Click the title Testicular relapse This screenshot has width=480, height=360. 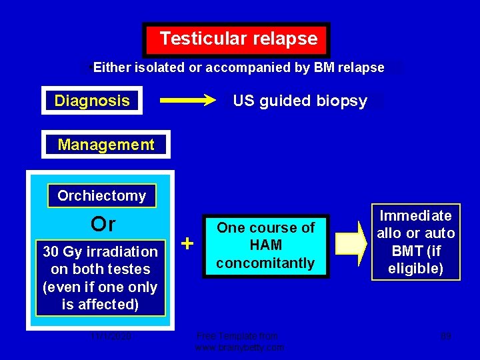pyautogui.click(x=237, y=39)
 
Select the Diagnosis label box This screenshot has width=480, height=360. pyautogui.click(x=92, y=101)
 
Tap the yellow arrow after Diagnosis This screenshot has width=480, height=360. pyautogui.click(x=189, y=101)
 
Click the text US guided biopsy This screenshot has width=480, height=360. pyautogui.click(x=300, y=101)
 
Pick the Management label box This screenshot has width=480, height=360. pyautogui.click(x=106, y=145)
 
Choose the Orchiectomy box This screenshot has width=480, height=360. pyautogui.click(x=101, y=196)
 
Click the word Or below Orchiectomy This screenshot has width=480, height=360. pyautogui.click(x=103, y=224)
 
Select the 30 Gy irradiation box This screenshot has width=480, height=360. pyautogui.click(x=100, y=278)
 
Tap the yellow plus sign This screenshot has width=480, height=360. pyautogui.click(x=188, y=244)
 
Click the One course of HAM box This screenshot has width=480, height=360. pyautogui.click(x=266, y=245)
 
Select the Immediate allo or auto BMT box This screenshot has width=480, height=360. pyautogui.click(x=416, y=242)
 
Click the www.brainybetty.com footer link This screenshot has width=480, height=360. pyautogui.click(x=239, y=347)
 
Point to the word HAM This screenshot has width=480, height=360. pyautogui.click(x=266, y=245)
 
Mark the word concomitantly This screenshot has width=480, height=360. pyautogui.click(x=266, y=263)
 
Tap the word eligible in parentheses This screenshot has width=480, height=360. pyautogui.click(x=416, y=269)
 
